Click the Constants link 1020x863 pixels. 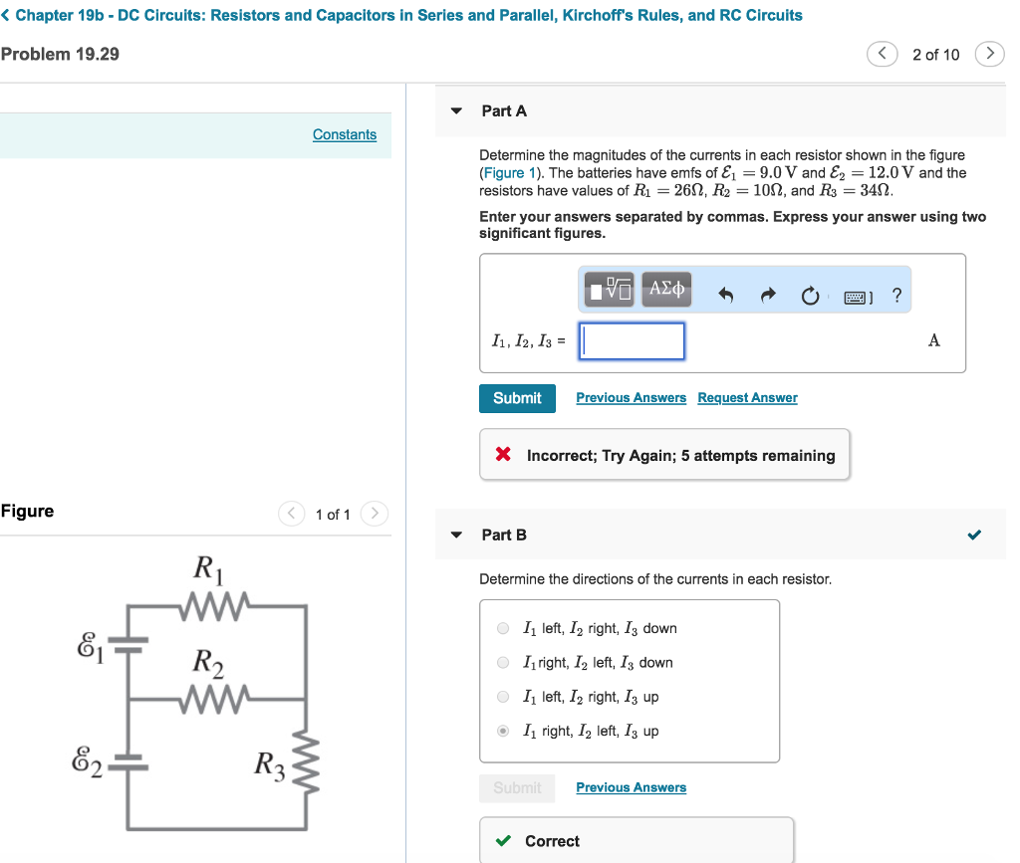(x=345, y=134)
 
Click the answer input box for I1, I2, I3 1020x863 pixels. (x=633, y=340)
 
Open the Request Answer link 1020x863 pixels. (x=747, y=398)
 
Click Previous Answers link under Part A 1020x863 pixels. (x=631, y=398)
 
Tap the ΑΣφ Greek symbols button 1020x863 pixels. (x=666, y=290)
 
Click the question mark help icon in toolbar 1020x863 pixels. (x=896, y=295)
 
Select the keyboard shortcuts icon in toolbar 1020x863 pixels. (x=858, y=297)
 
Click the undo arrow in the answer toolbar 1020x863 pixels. (x=726, y=296)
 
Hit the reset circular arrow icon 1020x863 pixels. (x=810, y=296)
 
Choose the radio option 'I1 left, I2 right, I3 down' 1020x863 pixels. (x=503, y=628)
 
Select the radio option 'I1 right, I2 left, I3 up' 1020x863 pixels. (x=503, y=731)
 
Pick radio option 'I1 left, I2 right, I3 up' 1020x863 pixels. (x=503, y=697)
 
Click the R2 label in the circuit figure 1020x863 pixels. (x=208, y=662)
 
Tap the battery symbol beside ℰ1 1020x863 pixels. (x=128, y=643)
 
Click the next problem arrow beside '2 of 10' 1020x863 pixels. (x=988, y=54)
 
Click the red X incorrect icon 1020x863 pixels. (x=503, y=455)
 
